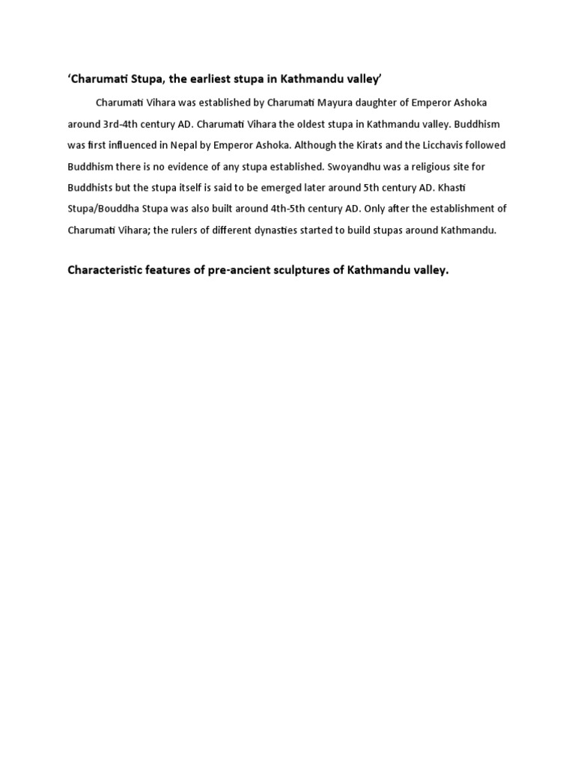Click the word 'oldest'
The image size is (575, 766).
pos(326,123)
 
